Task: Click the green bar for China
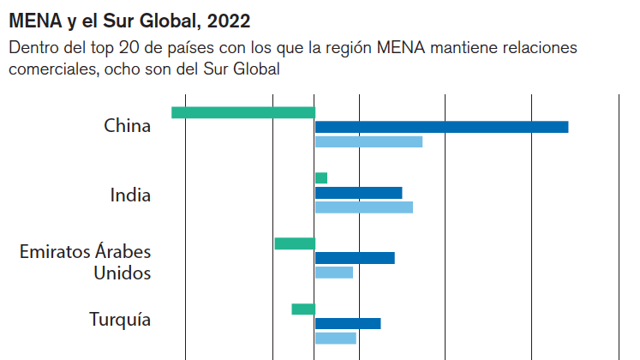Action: [x=243, y=112]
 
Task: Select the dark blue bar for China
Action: [x=441, y=127]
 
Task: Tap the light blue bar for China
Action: [x=368, y=141]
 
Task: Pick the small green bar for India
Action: [x=321, y=178]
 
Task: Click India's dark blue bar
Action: [x=358, y=193]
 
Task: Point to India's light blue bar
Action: [x=364, y=207]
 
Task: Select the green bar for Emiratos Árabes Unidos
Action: [x=295, y=243]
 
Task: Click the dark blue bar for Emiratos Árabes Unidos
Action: [x=355, y=258]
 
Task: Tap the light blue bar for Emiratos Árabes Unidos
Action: [x=334, y=273]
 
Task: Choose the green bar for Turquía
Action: [x=303, y=309]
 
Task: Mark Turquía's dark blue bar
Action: [x=348, y=323]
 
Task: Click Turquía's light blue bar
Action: [x=336, y=338]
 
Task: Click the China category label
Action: [x=127, y=126]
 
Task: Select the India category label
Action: [x=130, y=195]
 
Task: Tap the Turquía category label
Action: [x=120, y=320]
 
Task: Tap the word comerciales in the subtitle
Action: [x=51, y=69]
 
